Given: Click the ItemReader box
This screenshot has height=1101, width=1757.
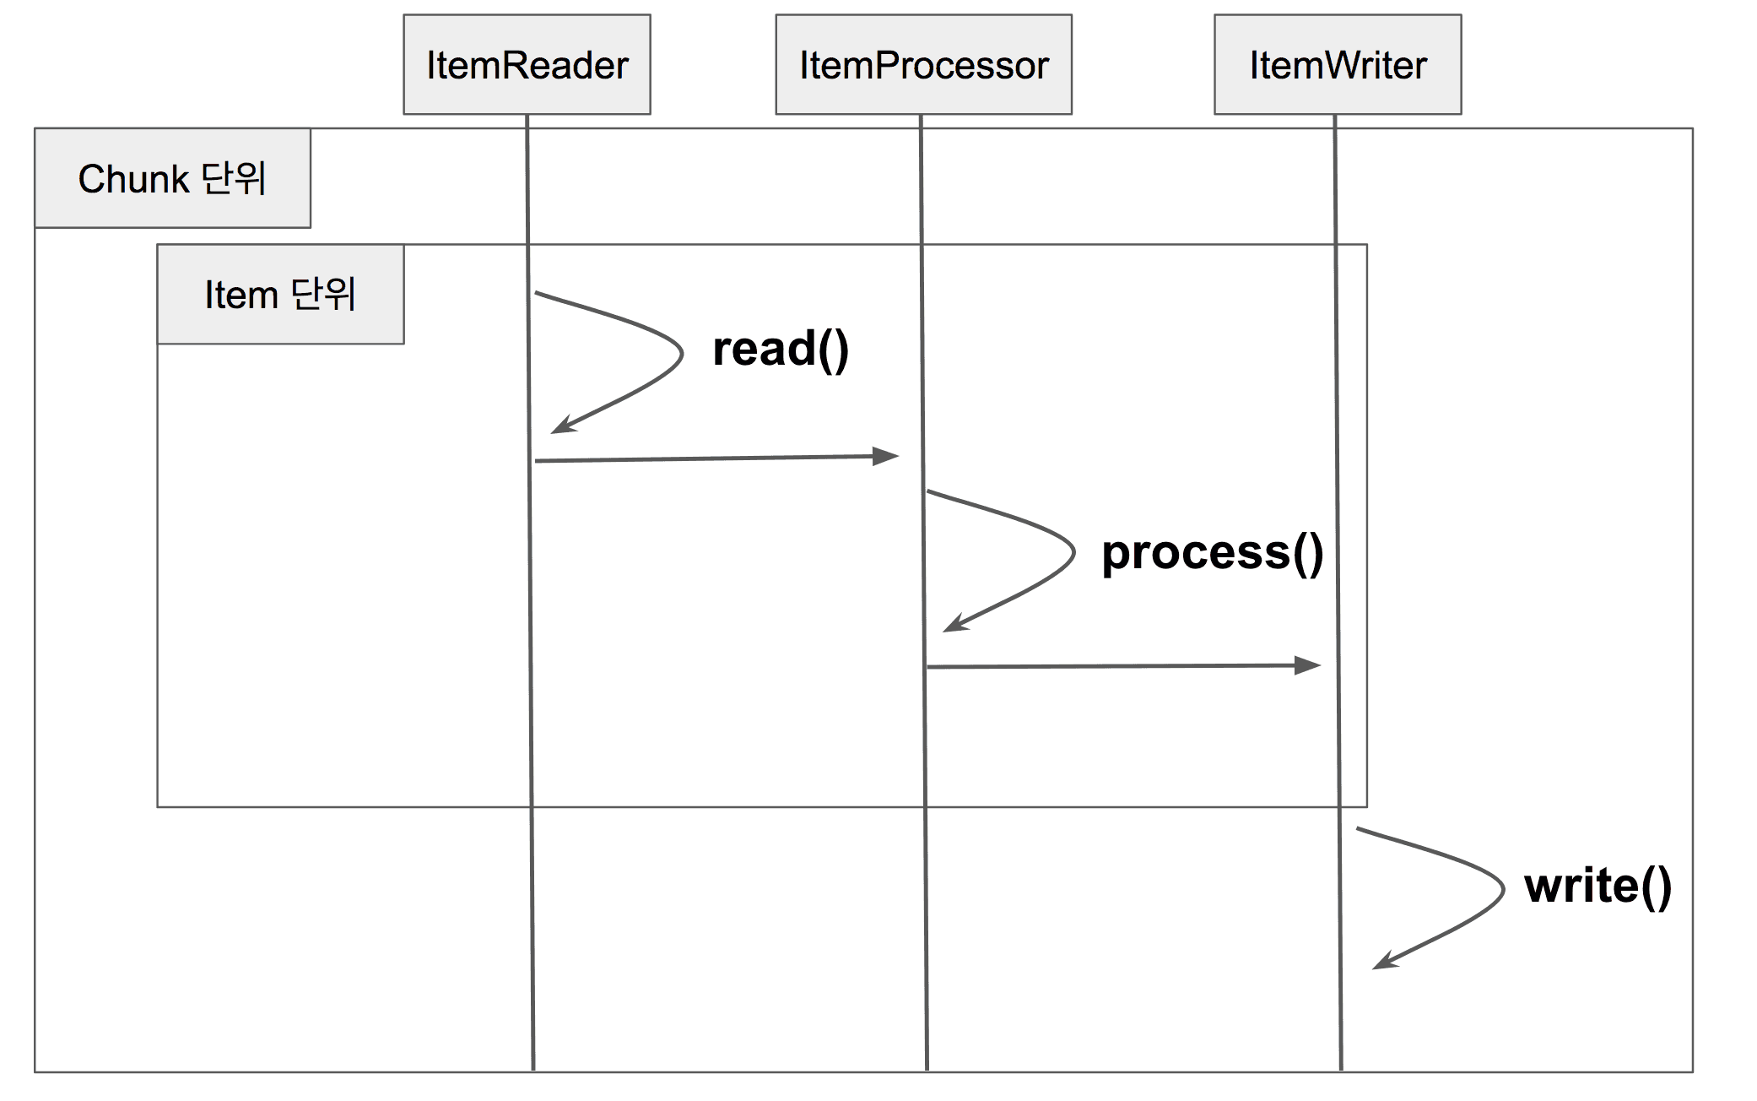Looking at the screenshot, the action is coord(527,64).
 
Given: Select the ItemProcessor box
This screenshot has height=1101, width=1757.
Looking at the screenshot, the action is coord(923,64).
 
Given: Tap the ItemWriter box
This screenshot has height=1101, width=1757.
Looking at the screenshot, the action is coord(1338,64).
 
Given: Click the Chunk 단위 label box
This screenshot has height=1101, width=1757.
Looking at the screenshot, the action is coord(172,178).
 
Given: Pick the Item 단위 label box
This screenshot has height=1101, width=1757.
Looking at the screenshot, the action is coord(280,295).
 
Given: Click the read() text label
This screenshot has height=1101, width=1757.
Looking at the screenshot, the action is coord(781,349).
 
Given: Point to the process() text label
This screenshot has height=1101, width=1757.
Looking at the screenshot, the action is coord(1213,553).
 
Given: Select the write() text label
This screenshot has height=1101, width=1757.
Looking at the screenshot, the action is coord(1598,886).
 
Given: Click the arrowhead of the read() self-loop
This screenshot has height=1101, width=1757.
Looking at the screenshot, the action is coord(562,426).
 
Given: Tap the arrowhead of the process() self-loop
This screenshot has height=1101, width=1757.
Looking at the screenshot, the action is coord(954,624).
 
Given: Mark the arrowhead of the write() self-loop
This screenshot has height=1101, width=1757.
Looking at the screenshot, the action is coord(1384,961).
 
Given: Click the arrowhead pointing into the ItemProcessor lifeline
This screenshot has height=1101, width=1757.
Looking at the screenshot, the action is coord(886,456).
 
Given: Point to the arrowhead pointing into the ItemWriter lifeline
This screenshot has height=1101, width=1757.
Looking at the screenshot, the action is coord(1308,665).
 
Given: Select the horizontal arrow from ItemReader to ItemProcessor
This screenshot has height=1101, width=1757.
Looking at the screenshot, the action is coord(717,458).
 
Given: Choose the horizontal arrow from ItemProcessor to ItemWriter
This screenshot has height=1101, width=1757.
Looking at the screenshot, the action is coord(1124,666).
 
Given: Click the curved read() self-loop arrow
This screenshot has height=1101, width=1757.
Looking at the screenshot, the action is coord(681,355).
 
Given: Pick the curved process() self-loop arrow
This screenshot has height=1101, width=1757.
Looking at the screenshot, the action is coord(1073,553).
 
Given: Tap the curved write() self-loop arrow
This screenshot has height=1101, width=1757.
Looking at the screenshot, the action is coord(1503,888).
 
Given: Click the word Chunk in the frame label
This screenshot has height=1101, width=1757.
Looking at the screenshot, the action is coord(133,179).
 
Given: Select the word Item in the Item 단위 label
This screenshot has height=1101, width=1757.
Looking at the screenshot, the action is coord(241,296).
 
